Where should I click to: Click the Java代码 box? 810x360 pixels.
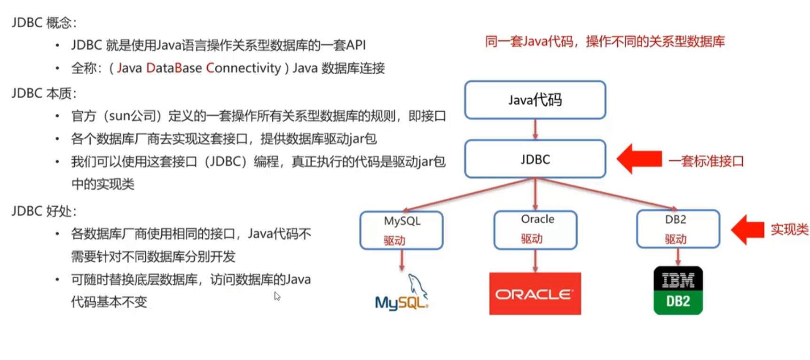pos(535,100)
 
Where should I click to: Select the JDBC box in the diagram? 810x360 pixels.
pos(535,159)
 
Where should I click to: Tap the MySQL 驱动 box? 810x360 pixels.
pos(401,230)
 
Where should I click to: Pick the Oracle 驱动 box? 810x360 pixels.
pos(535,229)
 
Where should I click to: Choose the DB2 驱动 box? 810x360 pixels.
pos(678,229)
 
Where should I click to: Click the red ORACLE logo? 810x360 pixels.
pos(535,294)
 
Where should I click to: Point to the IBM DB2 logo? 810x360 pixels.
pos(678,290)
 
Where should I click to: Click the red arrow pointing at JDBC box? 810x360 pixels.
pos(639,159)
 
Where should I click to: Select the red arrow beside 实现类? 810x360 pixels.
pos(748,230)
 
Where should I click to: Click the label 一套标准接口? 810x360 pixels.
pos(706,162)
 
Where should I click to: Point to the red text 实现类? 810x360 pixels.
pos(789,230)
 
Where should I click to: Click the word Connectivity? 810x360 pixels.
pos(244,68)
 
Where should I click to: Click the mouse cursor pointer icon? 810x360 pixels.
pos(277,296)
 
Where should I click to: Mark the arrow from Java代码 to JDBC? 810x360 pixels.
pos(535,129)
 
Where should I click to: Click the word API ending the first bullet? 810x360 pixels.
pos(356,45)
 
